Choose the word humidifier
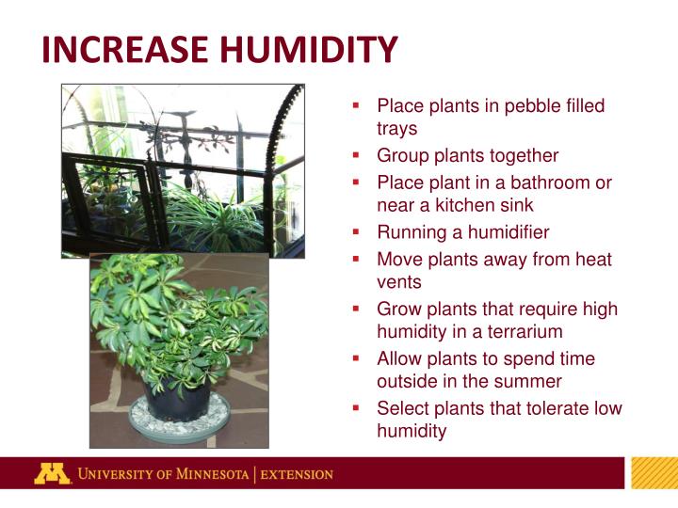(505, 232)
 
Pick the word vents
(399, 281)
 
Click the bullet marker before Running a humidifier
(357, 230)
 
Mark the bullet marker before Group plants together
(357, 154)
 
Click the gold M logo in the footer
(52, 473)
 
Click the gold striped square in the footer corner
(654, 473)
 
